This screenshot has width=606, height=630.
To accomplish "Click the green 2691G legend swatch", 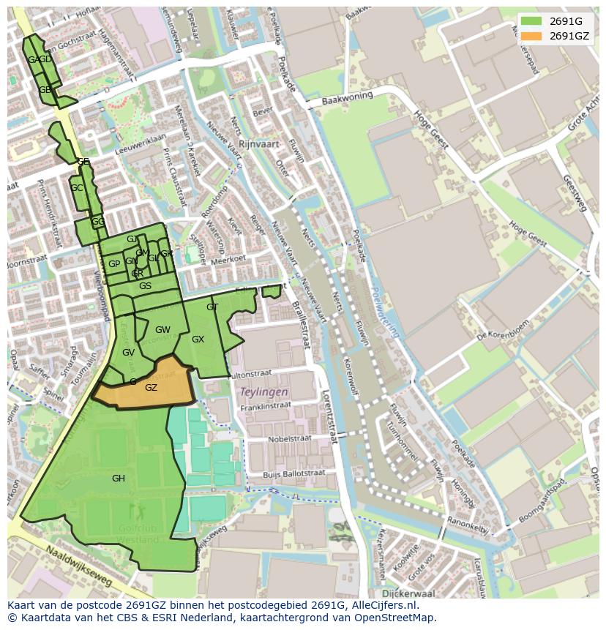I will tap(531, 21).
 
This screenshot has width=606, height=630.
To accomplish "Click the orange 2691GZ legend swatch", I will tap(531, 36).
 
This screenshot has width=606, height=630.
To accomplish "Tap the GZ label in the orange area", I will tap(151, 388).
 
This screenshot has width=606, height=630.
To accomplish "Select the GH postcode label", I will tap(119, 479).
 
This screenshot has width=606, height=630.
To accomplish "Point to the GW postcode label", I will tap(162, 330).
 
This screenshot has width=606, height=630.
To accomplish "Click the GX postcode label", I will tap(198, 340).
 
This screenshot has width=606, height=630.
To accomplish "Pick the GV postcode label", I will tap(128, 353).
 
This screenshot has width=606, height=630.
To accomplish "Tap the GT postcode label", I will tap(212, 307).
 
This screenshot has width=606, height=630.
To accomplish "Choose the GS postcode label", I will tap(145, 286).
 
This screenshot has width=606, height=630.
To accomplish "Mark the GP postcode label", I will tap(114, 264).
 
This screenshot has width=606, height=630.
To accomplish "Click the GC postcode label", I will tap(76, 188).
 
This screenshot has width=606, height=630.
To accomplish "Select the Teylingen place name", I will tap(264, 392).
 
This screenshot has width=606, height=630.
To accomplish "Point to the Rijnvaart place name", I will tap(259, 144).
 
